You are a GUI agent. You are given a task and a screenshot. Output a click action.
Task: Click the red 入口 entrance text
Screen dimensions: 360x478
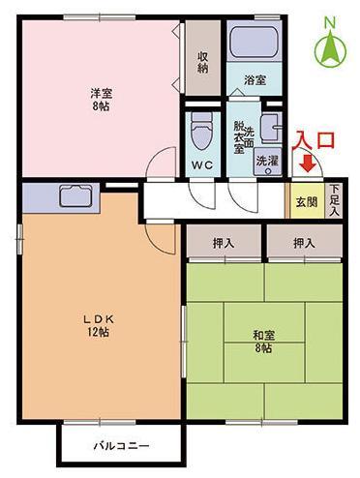tap(314, 140)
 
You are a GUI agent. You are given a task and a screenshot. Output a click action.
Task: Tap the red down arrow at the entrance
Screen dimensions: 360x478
tap(308, 164)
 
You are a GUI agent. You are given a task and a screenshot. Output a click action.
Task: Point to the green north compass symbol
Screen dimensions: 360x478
tap(331, 49)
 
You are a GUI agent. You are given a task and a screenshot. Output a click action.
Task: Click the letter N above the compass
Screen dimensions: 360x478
tap(329, 23)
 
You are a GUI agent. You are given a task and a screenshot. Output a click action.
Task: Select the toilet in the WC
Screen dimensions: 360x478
tap(202, 131)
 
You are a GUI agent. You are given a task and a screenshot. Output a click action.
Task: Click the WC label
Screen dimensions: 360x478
tap(202, 165)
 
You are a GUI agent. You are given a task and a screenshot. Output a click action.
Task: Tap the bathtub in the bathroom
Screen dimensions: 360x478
tap(255, 42)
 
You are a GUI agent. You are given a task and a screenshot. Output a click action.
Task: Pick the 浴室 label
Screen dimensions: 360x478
tap(255, 79)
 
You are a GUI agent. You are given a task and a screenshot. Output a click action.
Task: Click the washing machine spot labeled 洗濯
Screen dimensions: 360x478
tap(267, 162)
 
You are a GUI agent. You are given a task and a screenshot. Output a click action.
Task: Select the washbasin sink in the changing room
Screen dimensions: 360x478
tap(271, 128)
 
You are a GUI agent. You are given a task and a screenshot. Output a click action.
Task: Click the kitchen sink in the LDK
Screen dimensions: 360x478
tap(75, 195)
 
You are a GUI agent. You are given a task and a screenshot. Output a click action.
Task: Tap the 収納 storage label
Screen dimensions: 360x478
tap(202, 62)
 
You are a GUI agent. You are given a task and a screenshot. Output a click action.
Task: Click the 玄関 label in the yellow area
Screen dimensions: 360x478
tap(307, 202)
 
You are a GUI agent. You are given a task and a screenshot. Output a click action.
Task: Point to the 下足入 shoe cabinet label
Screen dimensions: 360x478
tap(335, 200)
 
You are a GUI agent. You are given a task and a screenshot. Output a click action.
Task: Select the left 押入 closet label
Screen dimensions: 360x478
tap(224, 243)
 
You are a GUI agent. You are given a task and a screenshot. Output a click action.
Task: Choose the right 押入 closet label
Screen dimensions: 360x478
tap(304, 243)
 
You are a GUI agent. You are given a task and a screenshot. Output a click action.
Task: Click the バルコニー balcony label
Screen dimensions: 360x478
tap(122, 446)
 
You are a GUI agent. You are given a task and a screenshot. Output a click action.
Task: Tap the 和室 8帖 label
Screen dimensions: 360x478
tap(263, 342)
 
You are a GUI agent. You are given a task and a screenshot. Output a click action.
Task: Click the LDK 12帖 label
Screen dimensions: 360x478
tap(99, 325)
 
